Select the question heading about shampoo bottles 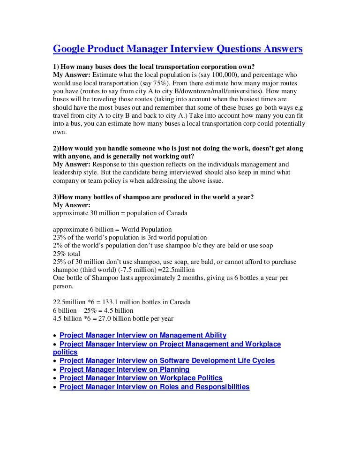tap(153, 197)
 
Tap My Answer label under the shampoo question tap(72, 205)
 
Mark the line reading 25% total tap(67, 254)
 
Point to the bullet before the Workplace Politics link tap(55, 378)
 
